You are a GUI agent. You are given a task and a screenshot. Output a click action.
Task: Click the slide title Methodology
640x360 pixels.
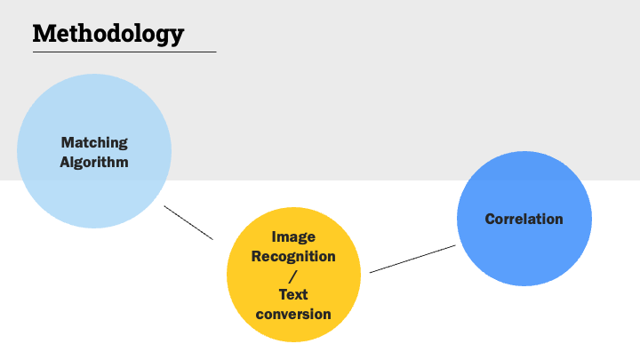108,34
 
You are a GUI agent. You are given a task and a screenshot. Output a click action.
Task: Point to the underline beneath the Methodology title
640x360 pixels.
124,52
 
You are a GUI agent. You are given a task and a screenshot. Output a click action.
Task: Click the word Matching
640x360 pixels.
94,142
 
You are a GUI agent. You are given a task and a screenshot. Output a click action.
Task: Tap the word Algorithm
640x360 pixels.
94,162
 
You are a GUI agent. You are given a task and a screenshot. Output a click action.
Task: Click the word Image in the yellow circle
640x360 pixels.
293,237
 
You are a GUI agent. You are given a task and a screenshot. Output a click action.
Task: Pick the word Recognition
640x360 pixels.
293,256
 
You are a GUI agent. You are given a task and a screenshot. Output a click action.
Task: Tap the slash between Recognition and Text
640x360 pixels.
293,276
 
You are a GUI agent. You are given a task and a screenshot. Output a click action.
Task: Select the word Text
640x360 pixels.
293,294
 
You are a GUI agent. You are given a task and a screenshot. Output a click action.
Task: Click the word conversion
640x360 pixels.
293,314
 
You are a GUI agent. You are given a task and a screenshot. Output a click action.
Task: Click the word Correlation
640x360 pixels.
524,219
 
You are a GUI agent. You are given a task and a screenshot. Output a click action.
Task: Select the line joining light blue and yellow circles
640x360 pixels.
188,223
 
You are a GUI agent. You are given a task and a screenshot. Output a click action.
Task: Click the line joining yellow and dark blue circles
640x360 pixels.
412,259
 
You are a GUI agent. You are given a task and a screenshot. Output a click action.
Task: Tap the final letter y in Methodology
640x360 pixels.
177,36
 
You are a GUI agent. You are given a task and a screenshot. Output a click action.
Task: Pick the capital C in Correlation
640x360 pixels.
491,219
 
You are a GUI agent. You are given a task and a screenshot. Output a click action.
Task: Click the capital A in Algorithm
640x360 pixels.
65,162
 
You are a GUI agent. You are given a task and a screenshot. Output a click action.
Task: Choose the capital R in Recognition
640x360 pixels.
257,256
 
